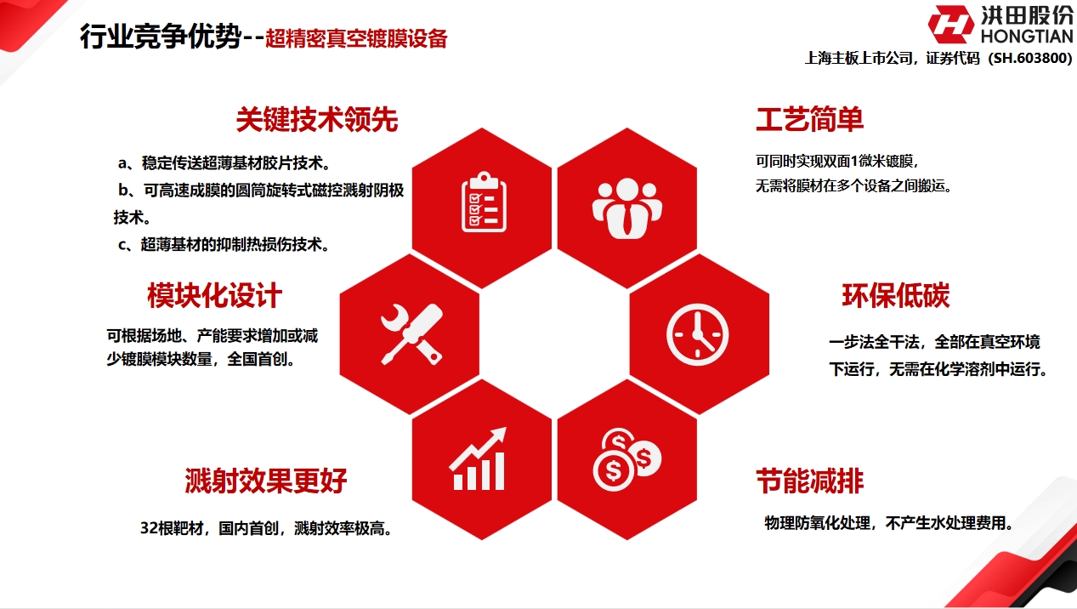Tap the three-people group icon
click(626, 208)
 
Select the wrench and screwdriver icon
click(410, 333)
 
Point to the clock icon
click(698, 333)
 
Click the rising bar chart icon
click(480, 459)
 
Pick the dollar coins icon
click(626, 460)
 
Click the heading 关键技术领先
click(316, 121)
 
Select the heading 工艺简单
click(809, 120)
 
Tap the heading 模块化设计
click(214, 296)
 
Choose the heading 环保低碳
click(895, 295)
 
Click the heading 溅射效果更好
click(266, 481)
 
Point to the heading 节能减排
click(809, 481)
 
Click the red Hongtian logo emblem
click(950, 25)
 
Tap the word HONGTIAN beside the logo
click(1026, 36)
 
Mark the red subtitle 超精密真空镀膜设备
click(356, 39)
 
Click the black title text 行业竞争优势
click(161, 37)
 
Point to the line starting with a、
click(224, 162)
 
